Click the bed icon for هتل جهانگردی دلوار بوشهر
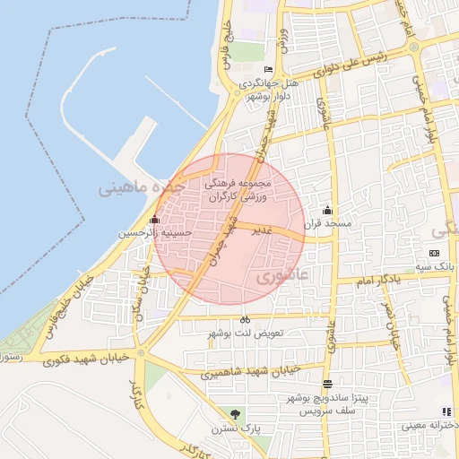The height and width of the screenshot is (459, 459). point(268,70)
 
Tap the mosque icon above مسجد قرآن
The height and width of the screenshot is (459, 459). point(326,210)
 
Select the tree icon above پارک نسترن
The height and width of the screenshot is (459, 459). point(235,414)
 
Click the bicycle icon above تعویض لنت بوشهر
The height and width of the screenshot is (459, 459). point(245,320)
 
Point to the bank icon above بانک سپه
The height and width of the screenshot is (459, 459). point(435,254)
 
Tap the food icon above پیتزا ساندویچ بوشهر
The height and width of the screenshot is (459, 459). point(327,384)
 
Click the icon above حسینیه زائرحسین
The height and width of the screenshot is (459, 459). point(155,220)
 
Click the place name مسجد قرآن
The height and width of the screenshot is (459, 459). point(329,222)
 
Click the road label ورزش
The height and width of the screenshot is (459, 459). point(283,39)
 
